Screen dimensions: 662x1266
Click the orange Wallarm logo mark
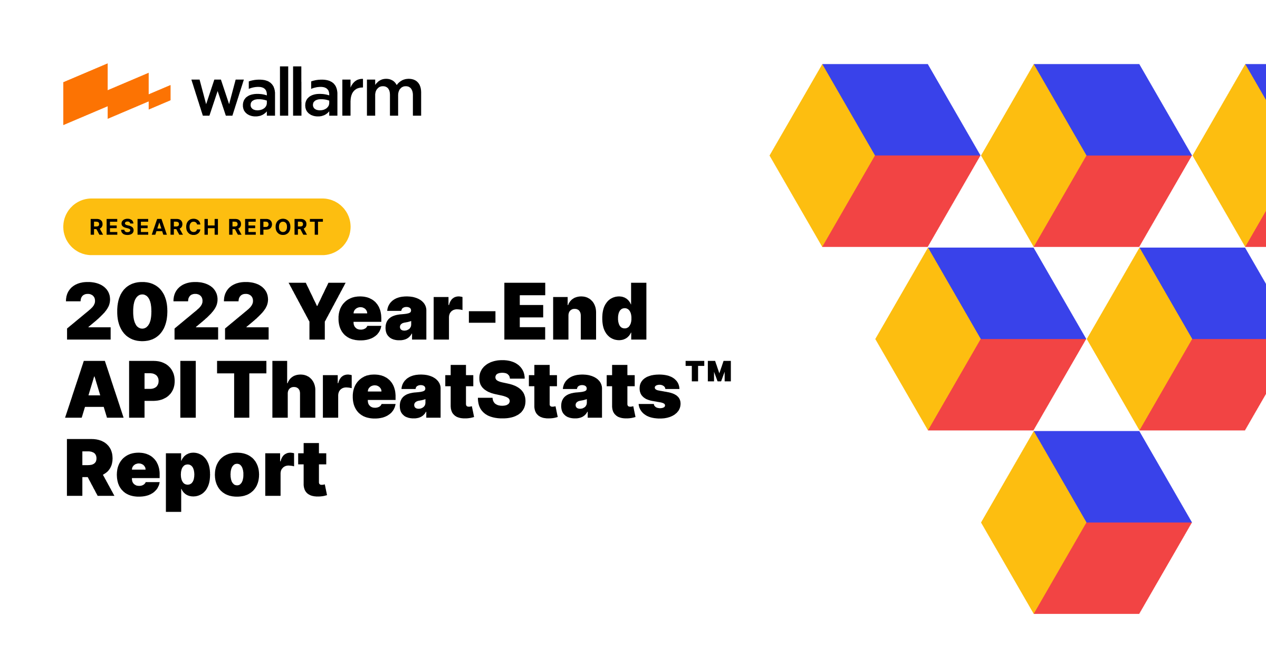coord(116,95)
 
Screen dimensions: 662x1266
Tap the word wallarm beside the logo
coord(306,92)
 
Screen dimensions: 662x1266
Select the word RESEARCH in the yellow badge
coord(154,227)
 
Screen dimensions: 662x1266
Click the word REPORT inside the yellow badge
coord(275,227)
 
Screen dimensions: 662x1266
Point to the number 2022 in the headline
coord(167,311)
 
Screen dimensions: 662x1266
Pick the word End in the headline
coord(575,311)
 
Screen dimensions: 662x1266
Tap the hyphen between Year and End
coord(482,316)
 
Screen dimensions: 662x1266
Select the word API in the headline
coord(131,390)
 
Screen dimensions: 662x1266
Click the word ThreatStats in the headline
coord(449,390)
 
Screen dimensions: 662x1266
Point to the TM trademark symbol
coord(708,371)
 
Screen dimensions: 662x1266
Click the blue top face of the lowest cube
coord(1113,477)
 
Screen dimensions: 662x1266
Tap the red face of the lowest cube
coord(1113,568)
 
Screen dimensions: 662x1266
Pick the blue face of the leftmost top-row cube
coord(901,110)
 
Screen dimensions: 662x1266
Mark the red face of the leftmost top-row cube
coord(901,201)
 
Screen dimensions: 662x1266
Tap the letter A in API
coord(94,390)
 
